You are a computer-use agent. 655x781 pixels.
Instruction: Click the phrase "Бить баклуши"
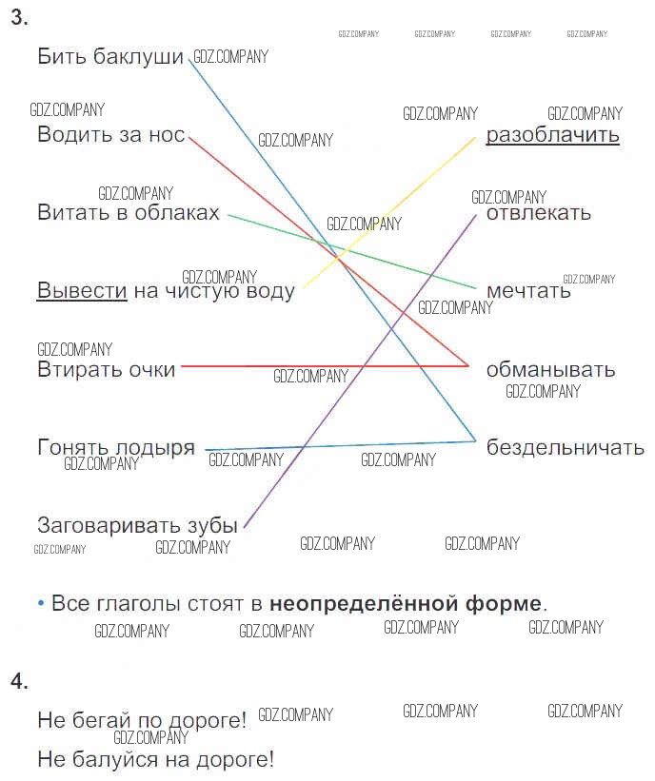(x=109, y=57)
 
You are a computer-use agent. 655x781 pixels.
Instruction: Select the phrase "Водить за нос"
(x=110, y=135)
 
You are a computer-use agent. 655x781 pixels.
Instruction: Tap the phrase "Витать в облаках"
(x=128, y=213)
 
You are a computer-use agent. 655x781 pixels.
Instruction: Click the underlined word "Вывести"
(x=82, y=291)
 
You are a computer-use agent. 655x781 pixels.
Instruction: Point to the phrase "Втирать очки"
(x=106, y=369)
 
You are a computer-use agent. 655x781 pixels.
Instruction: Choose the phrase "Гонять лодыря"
(x=116, y=447)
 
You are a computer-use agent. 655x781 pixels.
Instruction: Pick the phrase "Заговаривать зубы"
(x=137, y=525)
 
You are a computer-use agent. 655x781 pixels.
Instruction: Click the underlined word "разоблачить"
(x=552, y=135)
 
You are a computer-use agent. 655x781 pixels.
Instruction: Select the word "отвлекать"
(x=538, y=213)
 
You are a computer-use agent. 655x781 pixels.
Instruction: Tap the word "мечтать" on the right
(x=528, y=291)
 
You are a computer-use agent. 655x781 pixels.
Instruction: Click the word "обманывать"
(x=550, y=369)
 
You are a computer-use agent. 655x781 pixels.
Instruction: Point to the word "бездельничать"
(x=566, y=447)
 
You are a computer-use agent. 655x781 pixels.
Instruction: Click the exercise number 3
(x=19, y=18)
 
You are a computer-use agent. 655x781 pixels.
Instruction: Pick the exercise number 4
(x=19, y=681)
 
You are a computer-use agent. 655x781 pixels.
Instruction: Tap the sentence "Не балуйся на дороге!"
(x=155, y=760)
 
